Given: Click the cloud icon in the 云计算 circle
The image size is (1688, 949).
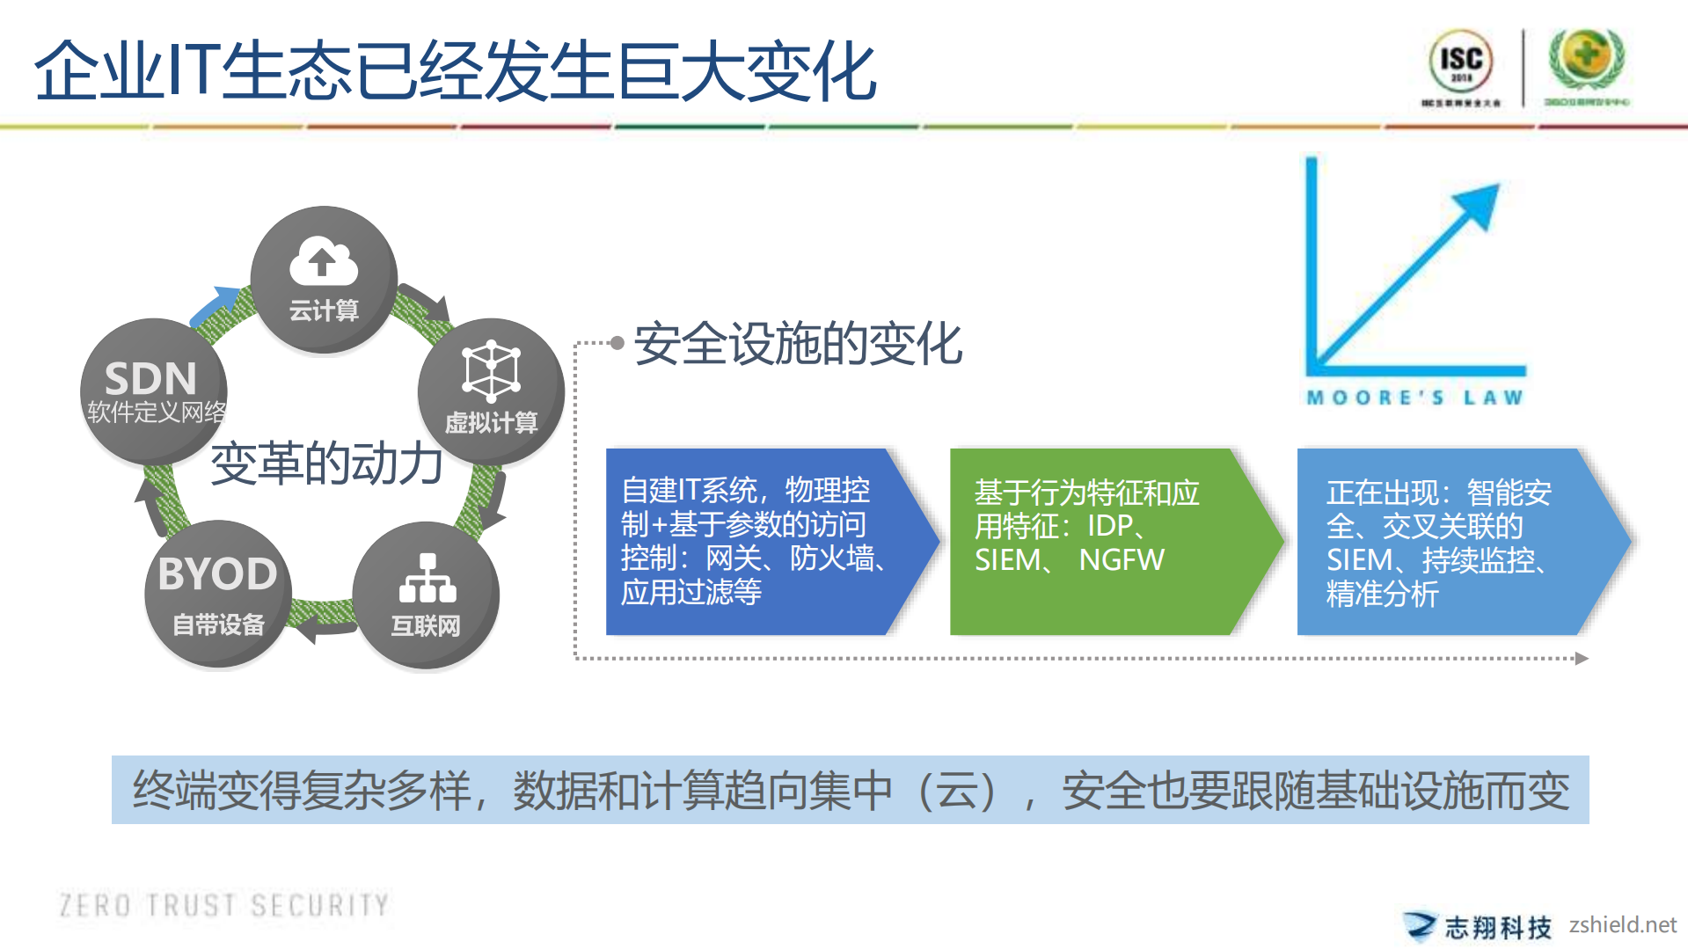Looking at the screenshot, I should click(323, 261).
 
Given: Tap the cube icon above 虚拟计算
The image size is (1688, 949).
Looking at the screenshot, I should click(491, 370).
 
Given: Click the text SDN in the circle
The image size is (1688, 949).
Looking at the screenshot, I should click(150, 379).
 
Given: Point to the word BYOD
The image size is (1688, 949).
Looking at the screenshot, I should click(217, 574).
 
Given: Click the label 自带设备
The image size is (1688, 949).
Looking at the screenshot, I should click(218, 624).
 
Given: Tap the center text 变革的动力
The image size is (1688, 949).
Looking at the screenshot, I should click(326, 464).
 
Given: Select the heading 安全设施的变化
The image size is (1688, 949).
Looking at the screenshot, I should click(798, 343).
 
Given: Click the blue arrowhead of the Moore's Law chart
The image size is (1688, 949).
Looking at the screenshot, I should click(1479, 204).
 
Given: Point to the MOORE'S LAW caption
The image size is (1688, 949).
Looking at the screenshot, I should click(1414, 398).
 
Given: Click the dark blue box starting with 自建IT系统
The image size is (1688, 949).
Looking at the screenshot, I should click(756, 541).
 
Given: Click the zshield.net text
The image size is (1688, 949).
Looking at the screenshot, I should click(1622, 924).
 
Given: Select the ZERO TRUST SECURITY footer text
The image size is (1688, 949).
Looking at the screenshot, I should click(223, 905).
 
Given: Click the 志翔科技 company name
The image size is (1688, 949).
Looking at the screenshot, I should click(1497, 927).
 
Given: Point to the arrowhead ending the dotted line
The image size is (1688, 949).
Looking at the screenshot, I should click(1582, 658).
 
